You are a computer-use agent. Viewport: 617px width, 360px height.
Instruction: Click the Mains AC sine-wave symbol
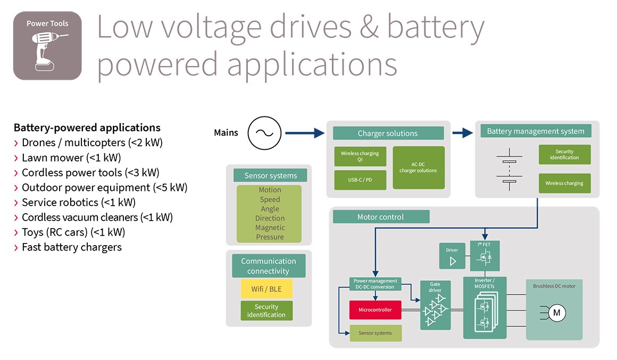(x=264, y=132)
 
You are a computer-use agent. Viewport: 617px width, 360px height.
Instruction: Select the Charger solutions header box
(x=388, y=133)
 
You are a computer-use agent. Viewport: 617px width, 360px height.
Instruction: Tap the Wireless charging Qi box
(x=360, y=156)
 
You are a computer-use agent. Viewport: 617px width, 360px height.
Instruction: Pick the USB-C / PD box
(x=360, y=180)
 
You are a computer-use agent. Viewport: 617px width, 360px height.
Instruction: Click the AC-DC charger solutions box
(x=418, y=168)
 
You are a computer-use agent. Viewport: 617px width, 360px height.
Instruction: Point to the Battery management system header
(x=535, y=131)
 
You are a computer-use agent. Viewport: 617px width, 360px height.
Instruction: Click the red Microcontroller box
(x=375, y=309)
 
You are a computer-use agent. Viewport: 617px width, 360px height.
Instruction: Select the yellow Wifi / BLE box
(x=266, y=289)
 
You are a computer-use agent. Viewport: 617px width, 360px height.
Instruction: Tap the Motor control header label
(x=380, y=217)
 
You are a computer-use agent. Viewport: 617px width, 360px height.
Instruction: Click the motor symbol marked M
(x=556, y=313)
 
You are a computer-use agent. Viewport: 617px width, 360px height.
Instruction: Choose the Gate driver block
(x=435, y=305)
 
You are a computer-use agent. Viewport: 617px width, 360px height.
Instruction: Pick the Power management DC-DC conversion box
(x=375, y=284)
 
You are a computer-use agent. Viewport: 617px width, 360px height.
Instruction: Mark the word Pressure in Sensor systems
(x=270, y=237)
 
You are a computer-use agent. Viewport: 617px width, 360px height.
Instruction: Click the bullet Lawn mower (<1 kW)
(x=71, y=157)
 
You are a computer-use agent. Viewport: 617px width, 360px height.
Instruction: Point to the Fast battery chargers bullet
(x=71, y=247)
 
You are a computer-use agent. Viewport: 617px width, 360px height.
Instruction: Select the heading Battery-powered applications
(x=87, y=128)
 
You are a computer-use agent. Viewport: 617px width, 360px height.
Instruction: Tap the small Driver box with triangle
(x=452, y=256)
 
